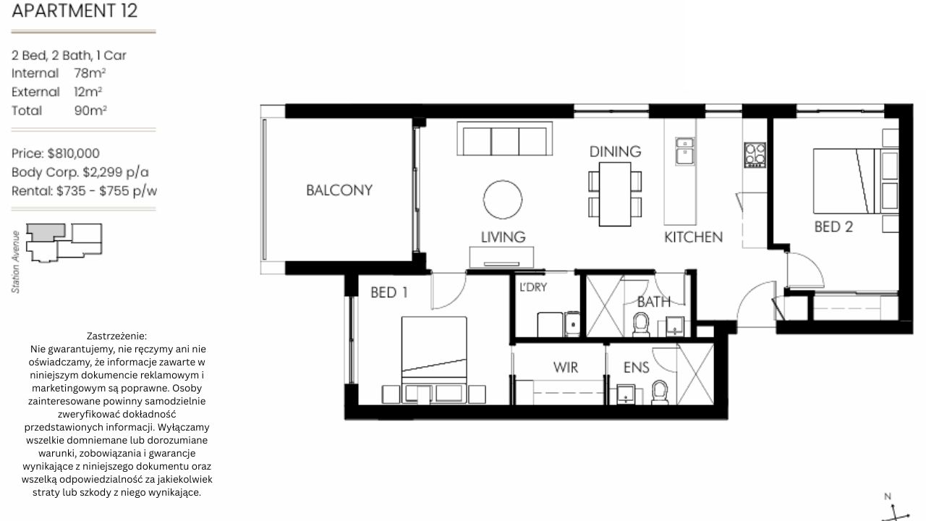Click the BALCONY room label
(339, 190)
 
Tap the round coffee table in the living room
(502, 199)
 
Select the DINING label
(615, 152)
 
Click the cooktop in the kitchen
(755, 155)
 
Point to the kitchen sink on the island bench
(685, 151)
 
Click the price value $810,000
(74, 153)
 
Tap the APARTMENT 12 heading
(75, 11)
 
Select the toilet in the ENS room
(660, 392)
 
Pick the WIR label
(566, 367)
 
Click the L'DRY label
(533, 287)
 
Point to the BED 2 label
(833, 226)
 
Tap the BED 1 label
(389, 292)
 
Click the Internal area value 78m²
(90, 73)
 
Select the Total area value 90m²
(90, 111)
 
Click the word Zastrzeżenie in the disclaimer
(116, 336)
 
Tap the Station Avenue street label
(16, 262)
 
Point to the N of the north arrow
(887, 496)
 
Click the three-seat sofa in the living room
(504, 138)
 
